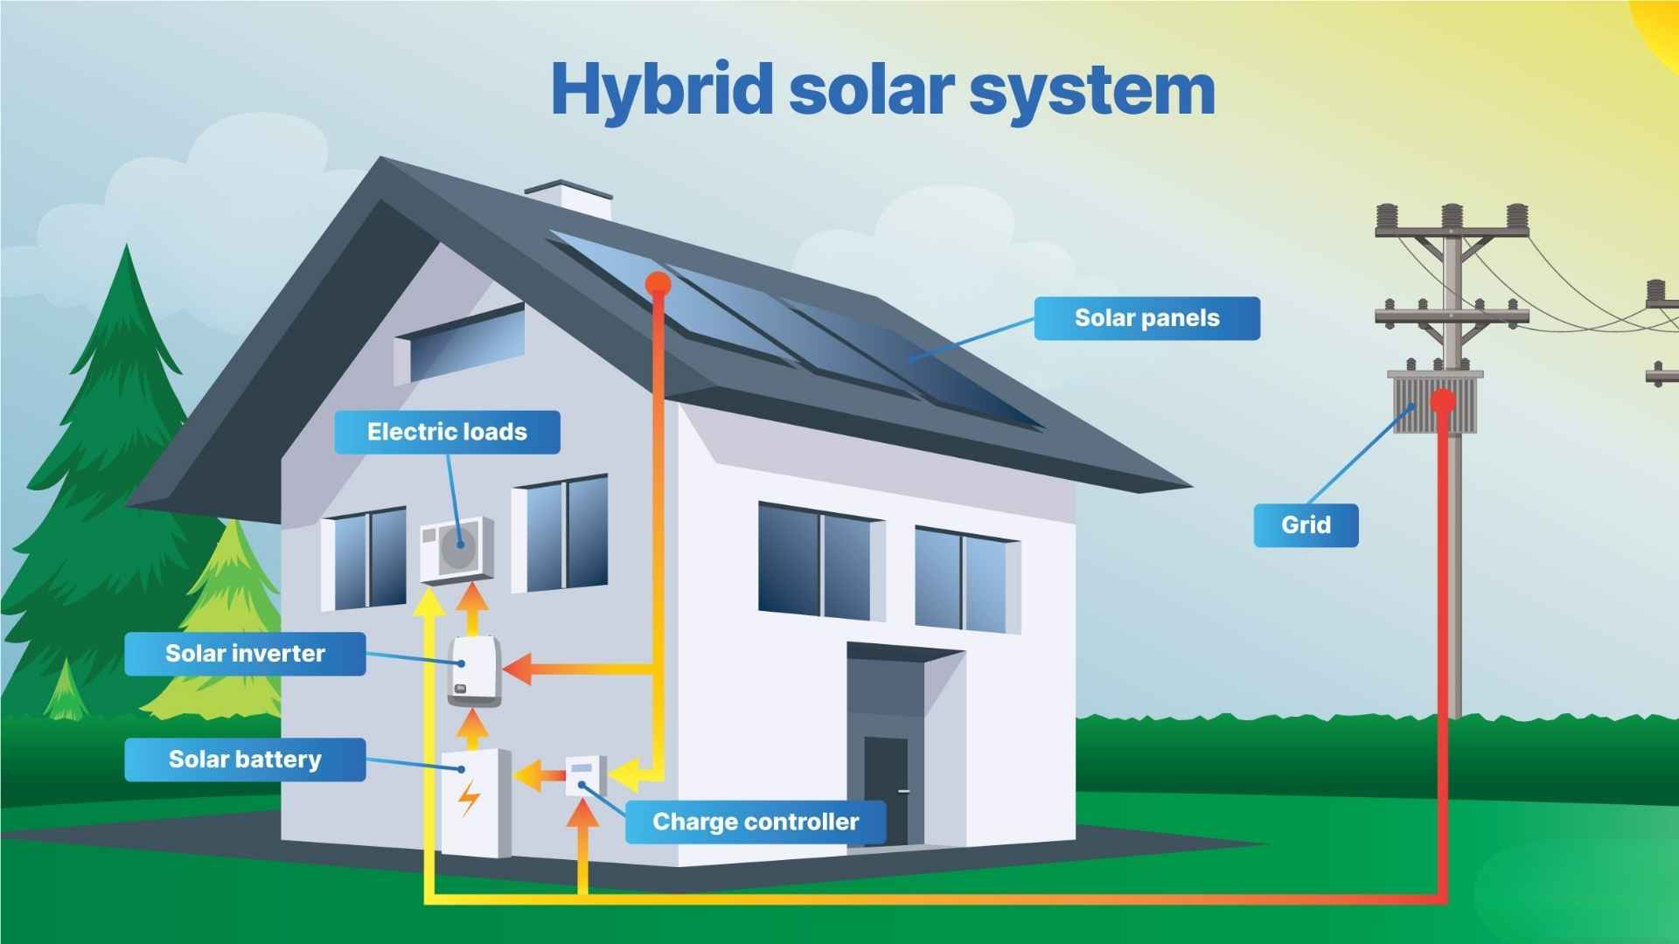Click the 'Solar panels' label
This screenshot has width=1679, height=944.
click(x=1146, y=318)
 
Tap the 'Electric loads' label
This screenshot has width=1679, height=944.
click(x=447, y=432)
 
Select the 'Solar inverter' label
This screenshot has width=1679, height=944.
click(x=245, y=654)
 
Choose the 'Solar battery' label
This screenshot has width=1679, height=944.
click(x=245, y=760)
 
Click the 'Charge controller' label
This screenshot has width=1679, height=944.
click(x=756, y=823)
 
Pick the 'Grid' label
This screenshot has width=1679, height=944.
click(x=1306, y=525)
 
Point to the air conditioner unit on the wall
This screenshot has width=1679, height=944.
click(x=456, y=549)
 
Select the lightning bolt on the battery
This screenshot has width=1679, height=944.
click(x=470, y=797)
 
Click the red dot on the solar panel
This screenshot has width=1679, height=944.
click(x=658, y=283)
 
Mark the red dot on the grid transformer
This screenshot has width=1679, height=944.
click(x=1443, y=402)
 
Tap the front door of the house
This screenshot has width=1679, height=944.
click(x=886, y=791)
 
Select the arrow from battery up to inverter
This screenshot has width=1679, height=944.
click(x=473, y=725)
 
